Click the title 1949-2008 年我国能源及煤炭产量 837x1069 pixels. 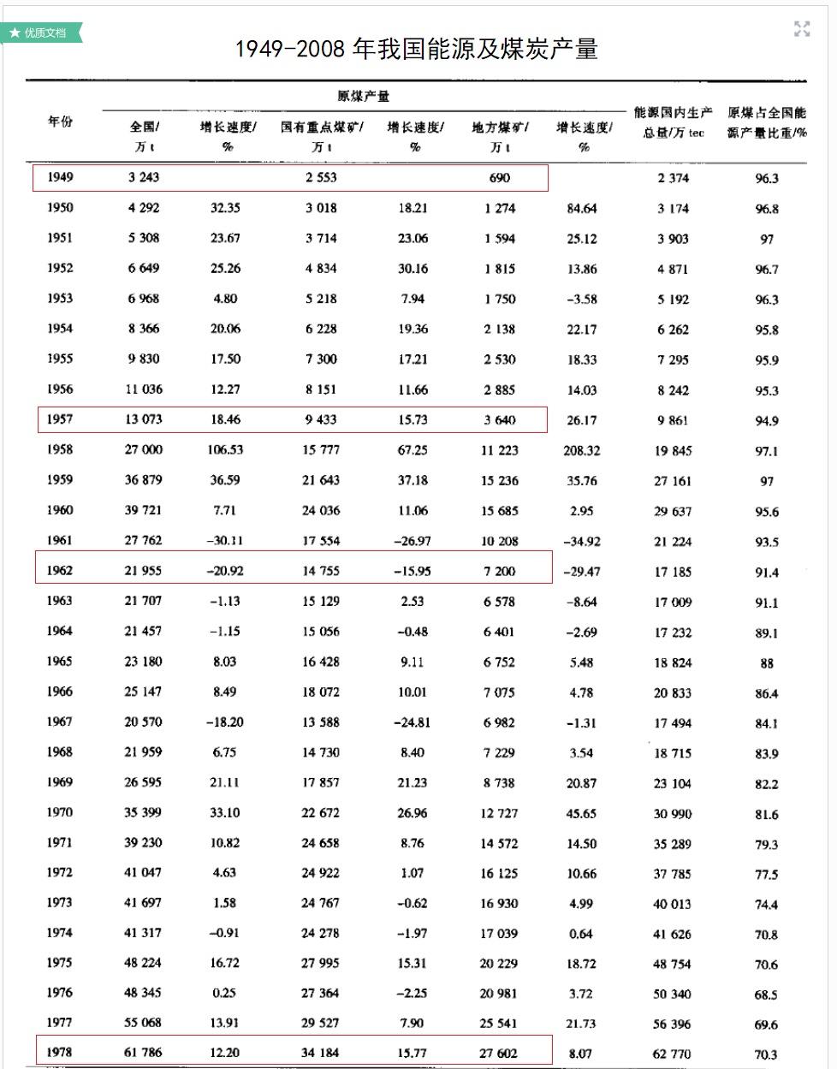[416, 49]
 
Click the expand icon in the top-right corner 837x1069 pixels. [802, 29]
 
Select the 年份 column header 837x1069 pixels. [60, 122]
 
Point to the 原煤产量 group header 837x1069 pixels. [364, 96]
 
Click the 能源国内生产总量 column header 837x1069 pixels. [674, 122]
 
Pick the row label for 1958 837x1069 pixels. [60, 449]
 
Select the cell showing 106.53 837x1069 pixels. [225, 449]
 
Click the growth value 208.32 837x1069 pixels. [582, 450]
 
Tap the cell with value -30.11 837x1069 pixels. [225, 540]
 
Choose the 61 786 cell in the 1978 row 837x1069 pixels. [143, 1052]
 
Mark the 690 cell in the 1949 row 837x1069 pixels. [499, 178]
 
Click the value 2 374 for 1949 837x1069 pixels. [673, 178]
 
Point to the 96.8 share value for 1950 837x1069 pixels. [767, 209]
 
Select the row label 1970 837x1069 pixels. [60, 812]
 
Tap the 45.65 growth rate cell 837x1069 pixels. [582, 813]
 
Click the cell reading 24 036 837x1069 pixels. [320, 510]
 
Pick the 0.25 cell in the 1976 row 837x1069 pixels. [224, 993]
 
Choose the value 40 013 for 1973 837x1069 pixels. [673, 904]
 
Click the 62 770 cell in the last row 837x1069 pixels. [673, 1054]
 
